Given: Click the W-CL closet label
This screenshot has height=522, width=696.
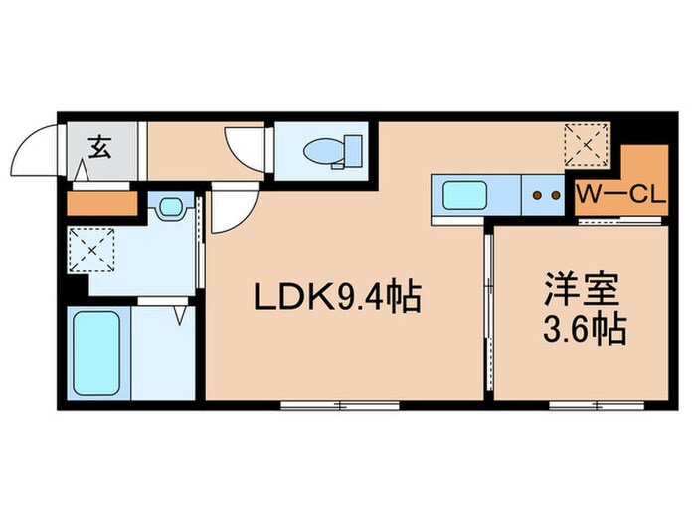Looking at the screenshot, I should click(x=619, y=195).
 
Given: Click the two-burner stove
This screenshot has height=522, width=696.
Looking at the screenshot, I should click(x=544, y=195).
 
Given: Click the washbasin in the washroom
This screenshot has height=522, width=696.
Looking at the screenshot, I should click(x=172, y=209).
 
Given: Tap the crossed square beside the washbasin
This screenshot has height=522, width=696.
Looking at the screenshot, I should click(x=91, y=248).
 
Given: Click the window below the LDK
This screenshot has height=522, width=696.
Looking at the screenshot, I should click(x=339, y=405).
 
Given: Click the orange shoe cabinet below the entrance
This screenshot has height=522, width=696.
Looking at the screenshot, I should click(x=101, y=203).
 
